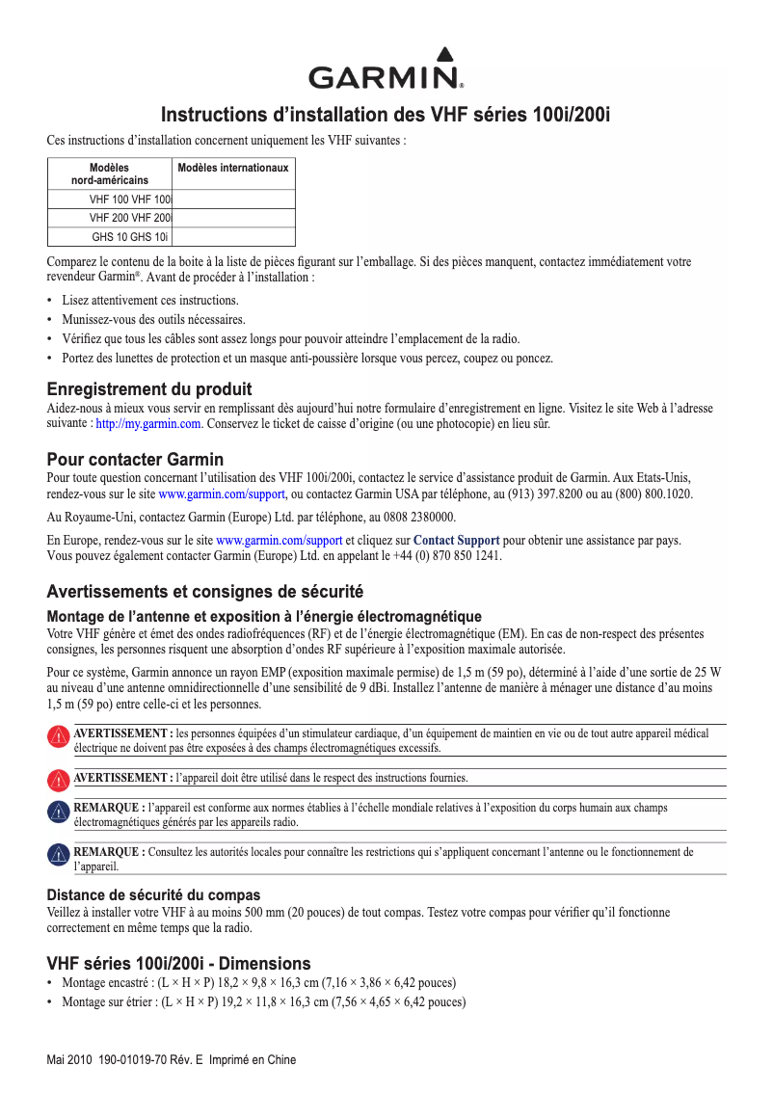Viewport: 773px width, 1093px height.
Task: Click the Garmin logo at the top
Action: tap(386, 69)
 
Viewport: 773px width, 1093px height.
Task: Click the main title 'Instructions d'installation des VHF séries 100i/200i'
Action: tap(386, 115)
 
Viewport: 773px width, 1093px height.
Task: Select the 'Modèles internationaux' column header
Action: tap(233, 168)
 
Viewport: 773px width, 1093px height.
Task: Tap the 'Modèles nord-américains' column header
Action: tap(110, 173)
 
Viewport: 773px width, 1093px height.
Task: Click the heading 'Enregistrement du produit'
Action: tap(149, 389)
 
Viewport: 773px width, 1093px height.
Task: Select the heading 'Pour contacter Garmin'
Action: tap(135, 459)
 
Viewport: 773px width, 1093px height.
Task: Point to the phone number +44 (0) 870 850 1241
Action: tap(448, 556)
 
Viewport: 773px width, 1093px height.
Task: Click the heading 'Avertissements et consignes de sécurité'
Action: tap(204, 591)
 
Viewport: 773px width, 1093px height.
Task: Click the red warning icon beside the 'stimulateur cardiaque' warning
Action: tap(57, 739)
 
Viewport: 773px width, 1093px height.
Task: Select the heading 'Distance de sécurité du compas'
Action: tap(153, 895)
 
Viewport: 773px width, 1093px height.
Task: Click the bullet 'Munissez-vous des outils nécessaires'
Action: tap(153, 319)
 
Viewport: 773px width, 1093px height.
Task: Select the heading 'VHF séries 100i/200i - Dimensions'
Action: tap(178, 963)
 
